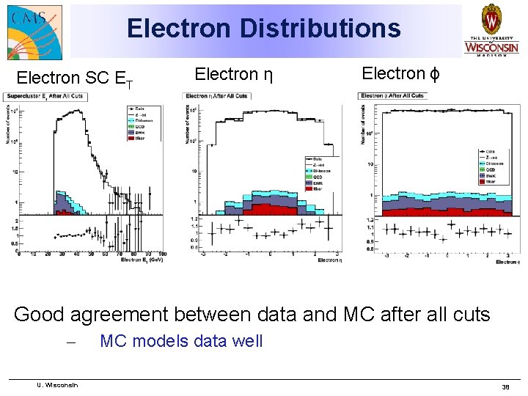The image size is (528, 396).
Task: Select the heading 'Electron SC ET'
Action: (75, 78)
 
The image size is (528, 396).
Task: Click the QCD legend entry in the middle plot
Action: (314, 176)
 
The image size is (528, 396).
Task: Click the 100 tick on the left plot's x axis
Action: (162, 254)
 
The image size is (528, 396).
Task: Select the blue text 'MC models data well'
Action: (181, 341)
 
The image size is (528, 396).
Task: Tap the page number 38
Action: (505, 386)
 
